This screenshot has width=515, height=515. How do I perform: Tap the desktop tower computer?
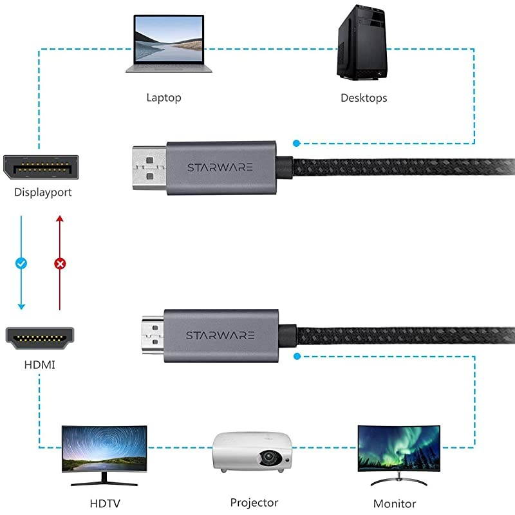(x=364, y=43)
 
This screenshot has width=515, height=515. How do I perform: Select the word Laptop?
(x=164, y=98)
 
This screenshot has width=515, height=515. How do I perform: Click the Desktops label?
(x=364, y=98)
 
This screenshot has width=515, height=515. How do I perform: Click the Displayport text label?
(x=43, y=192)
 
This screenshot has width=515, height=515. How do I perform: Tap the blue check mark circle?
(x=21, y=263)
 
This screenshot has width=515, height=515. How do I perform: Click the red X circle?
(x=60, y=263)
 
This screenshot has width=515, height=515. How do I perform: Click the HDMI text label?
(x=40, y=365)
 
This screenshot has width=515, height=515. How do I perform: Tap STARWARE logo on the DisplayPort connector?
(x=220, y=167)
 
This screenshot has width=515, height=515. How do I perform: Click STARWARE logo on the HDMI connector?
(x=220, y=335)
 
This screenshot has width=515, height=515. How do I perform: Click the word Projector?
(x=254, y=502)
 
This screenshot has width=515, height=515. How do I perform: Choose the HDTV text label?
(x=104, y=503)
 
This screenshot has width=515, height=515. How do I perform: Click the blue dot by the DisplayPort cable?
(x=296, y=143)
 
